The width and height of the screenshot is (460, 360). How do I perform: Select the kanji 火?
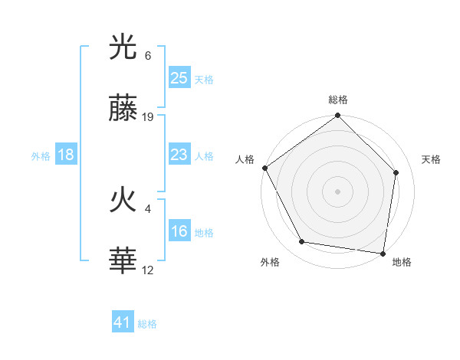pyautogui.click(x=123, y=201)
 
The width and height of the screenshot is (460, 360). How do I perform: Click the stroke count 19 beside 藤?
pyautogui.click(x=148, y=117)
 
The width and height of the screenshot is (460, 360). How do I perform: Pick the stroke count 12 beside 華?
pyautogui.click(x=148, y=269)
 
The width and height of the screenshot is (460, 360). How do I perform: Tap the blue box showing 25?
pyautogui.click(x=179, y=77)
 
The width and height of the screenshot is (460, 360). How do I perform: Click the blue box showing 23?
pyautogui.click(x=179, y=155)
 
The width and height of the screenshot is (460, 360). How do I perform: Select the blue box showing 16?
pyautogui.click(x=179, y=231)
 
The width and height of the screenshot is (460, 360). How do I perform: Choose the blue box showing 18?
pyautogui.click(x=66, y=155)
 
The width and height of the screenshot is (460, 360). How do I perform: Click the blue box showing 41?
pyautogui.click(x=123, y=322)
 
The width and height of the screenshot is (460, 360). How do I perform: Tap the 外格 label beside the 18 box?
pyautogui.click(x=41, y=156)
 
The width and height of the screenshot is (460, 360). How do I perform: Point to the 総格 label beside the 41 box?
pyautogui.click(x=147, y=324)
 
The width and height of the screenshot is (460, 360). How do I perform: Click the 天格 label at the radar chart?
pyautogui.click(x=431, y=159)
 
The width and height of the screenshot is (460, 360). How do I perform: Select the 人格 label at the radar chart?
pyautogui.click(x=245, y=159)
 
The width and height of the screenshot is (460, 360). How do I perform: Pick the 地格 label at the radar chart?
pyautogui.click(x=402, y=262)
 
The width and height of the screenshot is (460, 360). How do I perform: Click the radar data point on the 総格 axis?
pyautogui.click(x=337, y=116)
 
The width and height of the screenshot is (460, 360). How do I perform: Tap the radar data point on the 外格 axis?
pyautogui.click(x=302, y=242)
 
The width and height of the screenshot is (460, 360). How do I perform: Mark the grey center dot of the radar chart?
pyautogui.click(x=337, y=191)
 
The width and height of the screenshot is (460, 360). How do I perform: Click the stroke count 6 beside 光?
pyautogui.click(x=148, y=56)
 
